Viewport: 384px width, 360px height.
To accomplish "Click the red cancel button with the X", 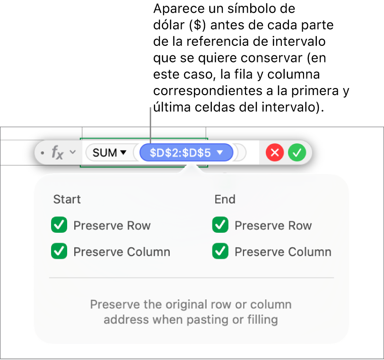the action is [x=275, y=153].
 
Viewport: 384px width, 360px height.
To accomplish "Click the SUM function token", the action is [x=109, y=153].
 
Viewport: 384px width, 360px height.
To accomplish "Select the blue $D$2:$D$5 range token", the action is [x=186, y=153].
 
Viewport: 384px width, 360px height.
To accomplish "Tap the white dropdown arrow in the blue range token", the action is [x=220, y=153].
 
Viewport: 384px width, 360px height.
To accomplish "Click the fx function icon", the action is [x=58, y=153].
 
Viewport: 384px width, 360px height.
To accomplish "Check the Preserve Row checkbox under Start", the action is [x=59, y=225].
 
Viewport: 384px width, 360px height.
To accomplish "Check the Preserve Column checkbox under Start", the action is [x=59, y=251].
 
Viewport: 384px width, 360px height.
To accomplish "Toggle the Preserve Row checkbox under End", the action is [x=220, y=225].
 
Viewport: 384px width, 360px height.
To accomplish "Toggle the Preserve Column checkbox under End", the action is [x=220, y=251].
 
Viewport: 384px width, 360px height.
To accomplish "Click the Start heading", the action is [x=67, y=199].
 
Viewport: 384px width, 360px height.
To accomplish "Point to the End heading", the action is [x=225, y=199].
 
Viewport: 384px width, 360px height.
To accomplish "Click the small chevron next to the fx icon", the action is [x=72, y=152].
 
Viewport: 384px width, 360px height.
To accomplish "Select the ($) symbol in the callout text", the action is [x=197, y=25].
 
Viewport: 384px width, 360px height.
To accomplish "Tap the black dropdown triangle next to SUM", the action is [x=123, y=153].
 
